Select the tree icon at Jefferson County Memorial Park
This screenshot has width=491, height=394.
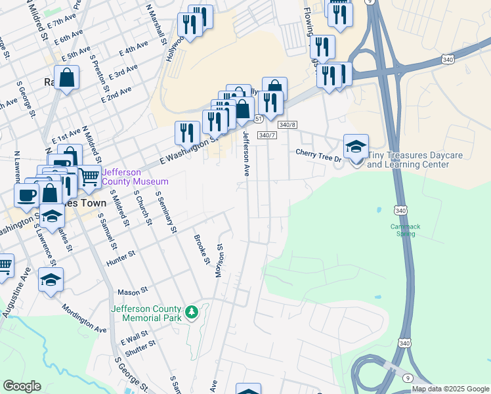(192, 312)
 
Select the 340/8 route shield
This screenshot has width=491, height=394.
(288, 124)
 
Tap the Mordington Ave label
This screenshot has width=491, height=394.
(84, 317)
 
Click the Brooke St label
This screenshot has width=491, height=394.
(201, 250)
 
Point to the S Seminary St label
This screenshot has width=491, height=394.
(166, 212)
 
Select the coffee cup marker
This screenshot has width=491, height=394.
(26, 195)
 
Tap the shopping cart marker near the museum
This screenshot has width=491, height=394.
(89, 177)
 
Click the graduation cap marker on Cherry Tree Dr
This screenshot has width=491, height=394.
(356, 146)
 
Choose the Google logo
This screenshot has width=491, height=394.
(22, 385)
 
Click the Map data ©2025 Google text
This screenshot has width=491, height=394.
(450, 389)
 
